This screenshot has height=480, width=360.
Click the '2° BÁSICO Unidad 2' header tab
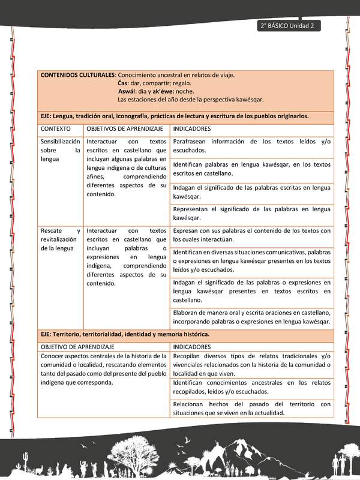289,26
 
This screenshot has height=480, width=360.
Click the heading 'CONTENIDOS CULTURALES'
77,75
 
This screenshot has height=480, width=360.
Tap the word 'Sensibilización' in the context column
60,142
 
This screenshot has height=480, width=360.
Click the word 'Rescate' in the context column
52,231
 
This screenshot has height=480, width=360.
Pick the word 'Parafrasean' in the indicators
192,142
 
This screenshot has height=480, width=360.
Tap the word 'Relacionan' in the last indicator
190,404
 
